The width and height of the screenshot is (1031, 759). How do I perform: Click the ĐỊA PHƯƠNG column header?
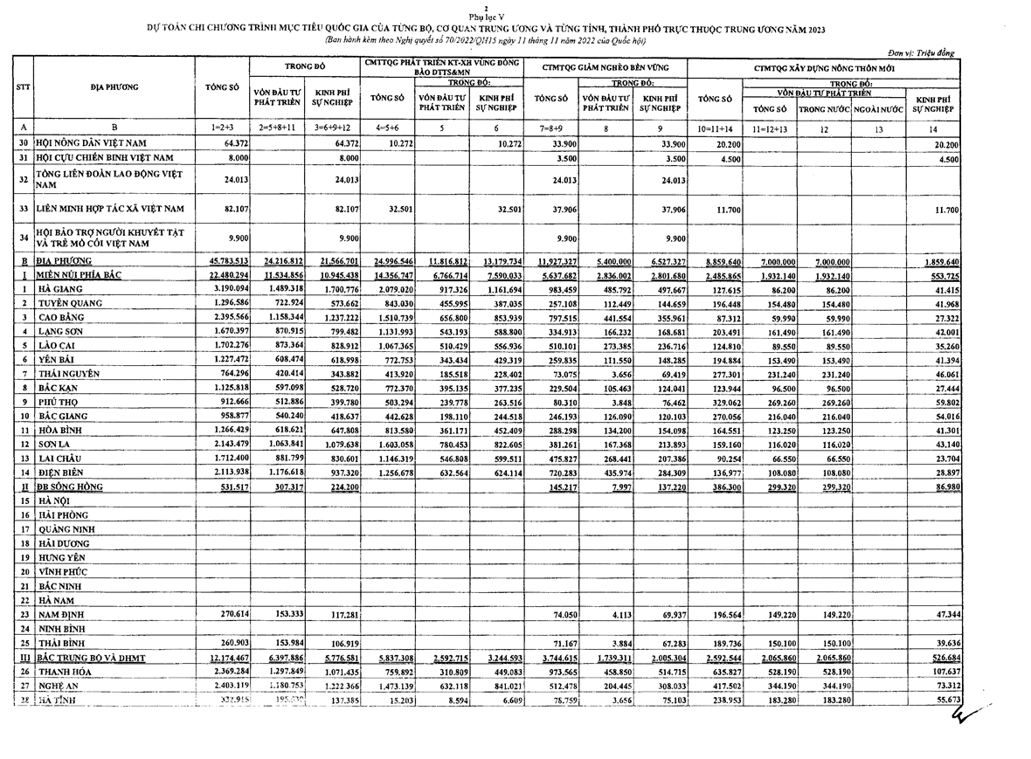tap(114, 87)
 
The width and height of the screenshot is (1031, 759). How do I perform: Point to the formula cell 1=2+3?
tap(222, 128)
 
